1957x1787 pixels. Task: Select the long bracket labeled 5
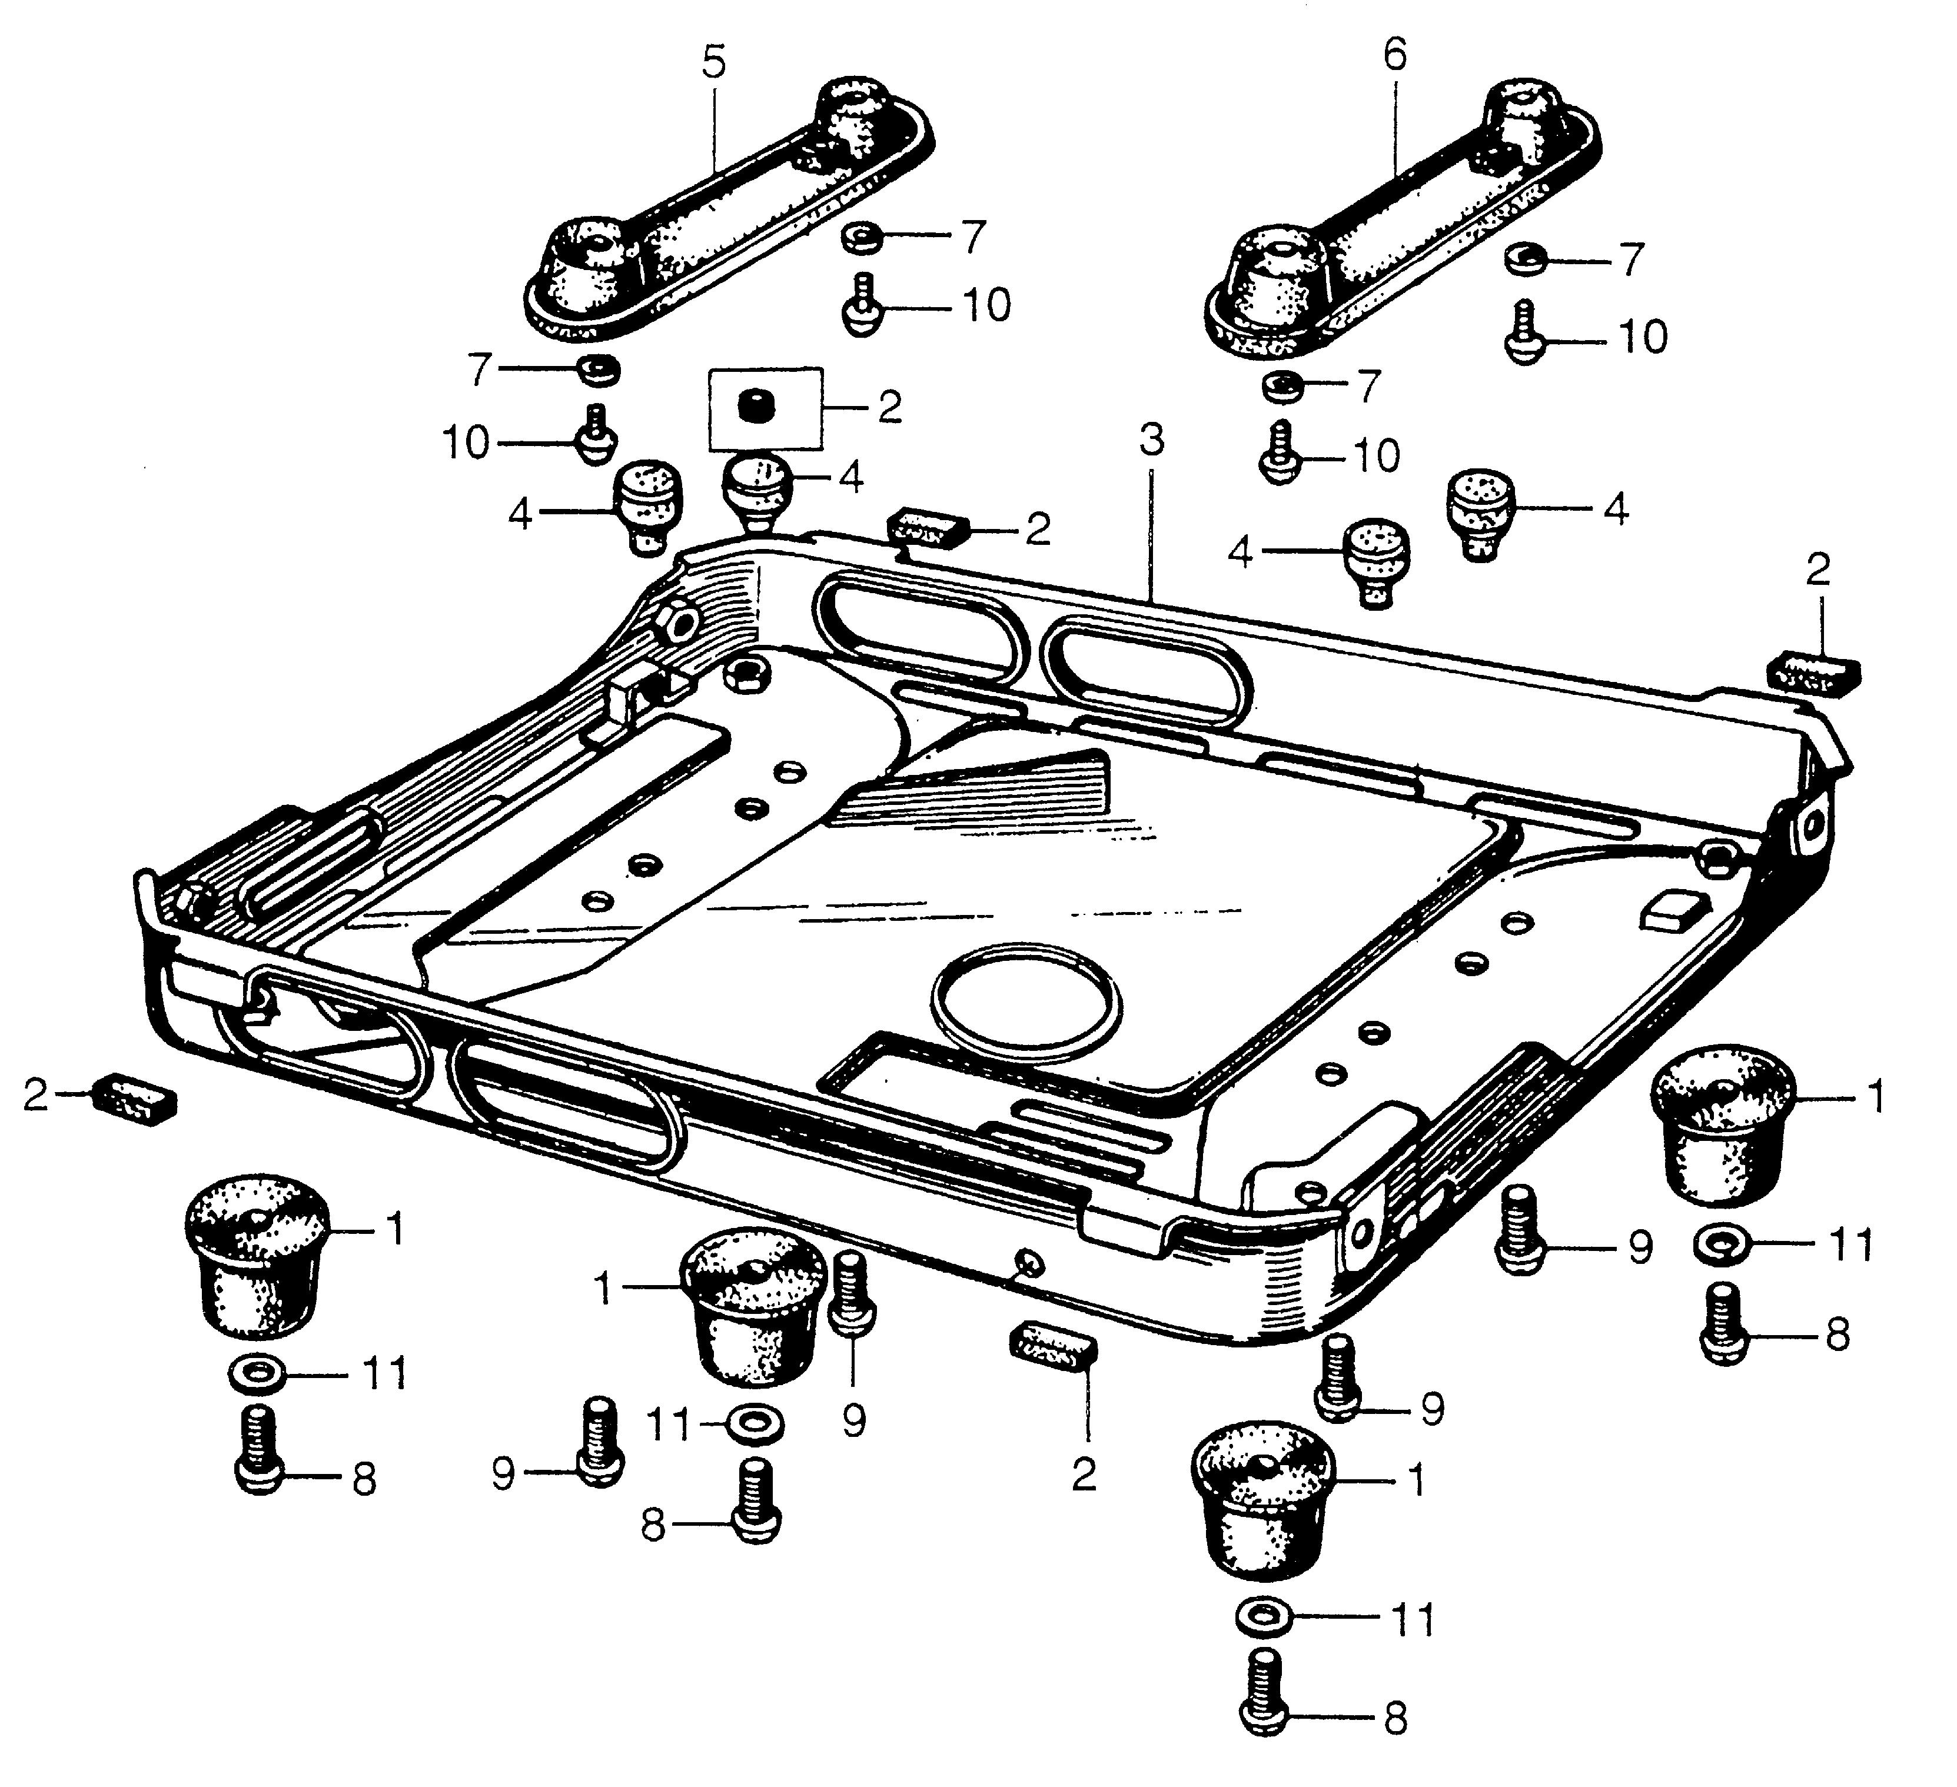pos(728,209)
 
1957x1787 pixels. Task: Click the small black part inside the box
pos(749,405)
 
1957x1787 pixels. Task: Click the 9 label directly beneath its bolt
pos(853,1422)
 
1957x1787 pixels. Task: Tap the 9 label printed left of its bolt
pos(504,1475)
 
